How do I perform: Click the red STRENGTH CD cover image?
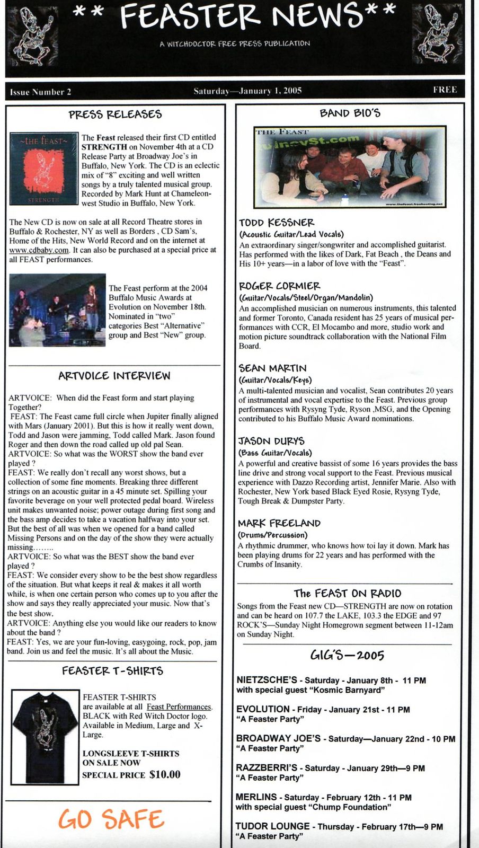(44, 169)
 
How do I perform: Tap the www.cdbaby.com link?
(39, 250)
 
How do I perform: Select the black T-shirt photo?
(45, 737)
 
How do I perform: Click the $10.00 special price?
(165, 774)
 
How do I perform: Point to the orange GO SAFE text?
(111, 819)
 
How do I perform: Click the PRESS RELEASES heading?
(115, 114)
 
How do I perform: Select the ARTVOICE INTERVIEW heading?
(114, 376)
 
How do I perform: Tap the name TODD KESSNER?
(277, 223)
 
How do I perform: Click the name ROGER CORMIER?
(279, 286)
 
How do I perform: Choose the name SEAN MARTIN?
(272, 368)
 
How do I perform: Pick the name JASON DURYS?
(271, 441)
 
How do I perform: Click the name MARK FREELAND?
(279, 523)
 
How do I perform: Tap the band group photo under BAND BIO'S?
(350, 166)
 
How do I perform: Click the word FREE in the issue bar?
(445, 90)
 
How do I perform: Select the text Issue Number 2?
(40, 92)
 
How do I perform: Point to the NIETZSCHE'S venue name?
(267, 680)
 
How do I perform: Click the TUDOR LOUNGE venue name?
(273, 826)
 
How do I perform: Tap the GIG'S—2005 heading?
(347, 655)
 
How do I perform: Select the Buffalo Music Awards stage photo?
(57, 310)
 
